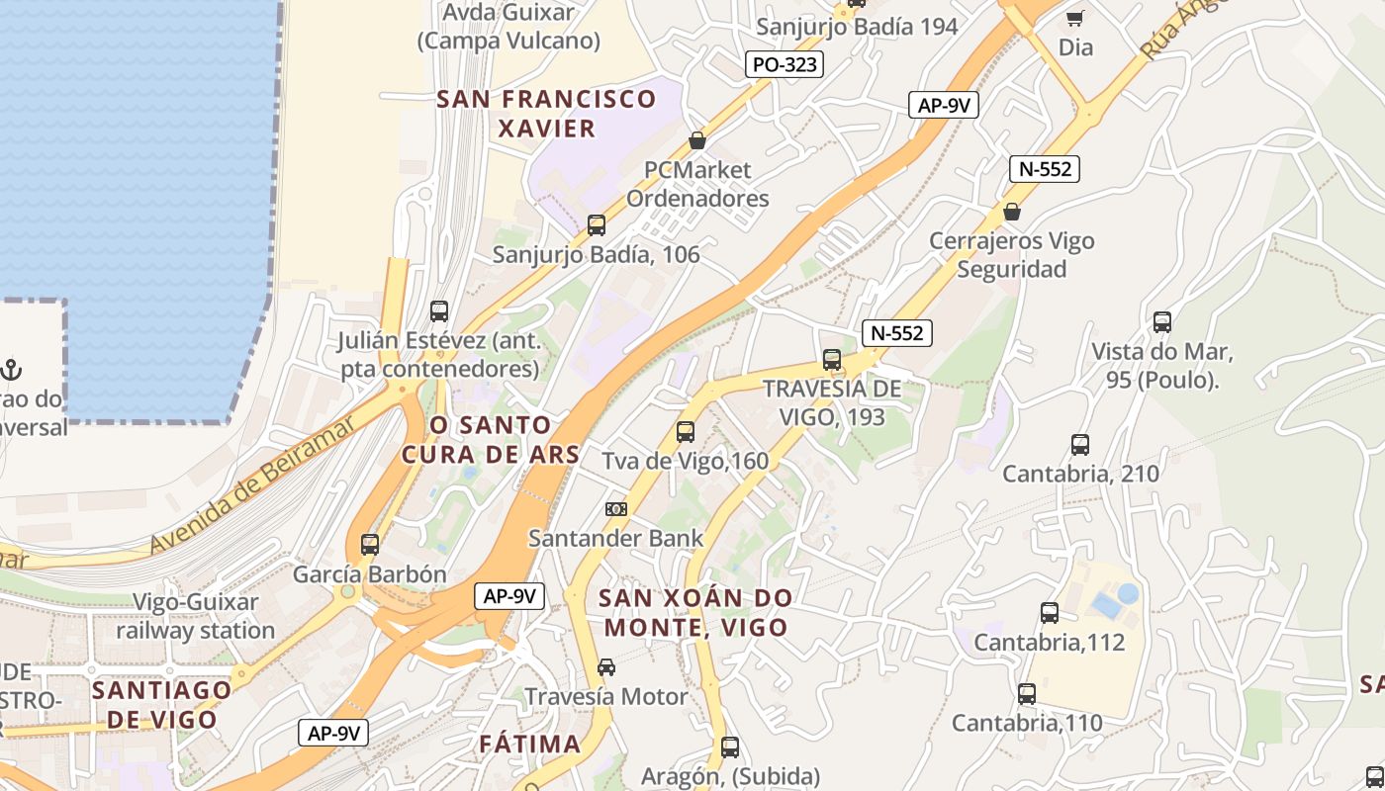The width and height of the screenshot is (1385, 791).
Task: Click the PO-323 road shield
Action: click(x=784, y=65)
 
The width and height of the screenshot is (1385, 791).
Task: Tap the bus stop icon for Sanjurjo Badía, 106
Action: click(x=597, y=224)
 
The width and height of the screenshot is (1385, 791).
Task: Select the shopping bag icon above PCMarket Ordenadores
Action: click(x=697, y=140)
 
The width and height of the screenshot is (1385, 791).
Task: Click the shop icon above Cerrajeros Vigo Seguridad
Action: click(x=1012, y=212)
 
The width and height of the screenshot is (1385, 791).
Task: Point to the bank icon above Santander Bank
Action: click(x=616, y=509)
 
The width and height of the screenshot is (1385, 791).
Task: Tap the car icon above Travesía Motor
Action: click(x=606, y=667)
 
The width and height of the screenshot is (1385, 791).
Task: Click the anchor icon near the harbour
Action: click(x=11, y=370)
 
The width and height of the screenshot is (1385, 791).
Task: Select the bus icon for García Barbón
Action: click(x=370, y=544)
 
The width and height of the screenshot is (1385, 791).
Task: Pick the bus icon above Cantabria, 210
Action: click(x=1080, y=445)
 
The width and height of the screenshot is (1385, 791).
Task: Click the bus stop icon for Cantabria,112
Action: click(x=1050, y=613)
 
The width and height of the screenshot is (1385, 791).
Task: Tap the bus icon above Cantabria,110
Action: click(x=1027, y=694)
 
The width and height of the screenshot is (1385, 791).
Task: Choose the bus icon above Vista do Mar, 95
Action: click(x=1162, y=322)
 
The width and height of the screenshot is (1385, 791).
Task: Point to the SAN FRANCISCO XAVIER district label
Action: click(x=547, y=113)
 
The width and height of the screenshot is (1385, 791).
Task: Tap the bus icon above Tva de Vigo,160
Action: click(x=686, y=431)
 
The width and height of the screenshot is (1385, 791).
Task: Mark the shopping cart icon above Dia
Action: click(x=1075, y=17)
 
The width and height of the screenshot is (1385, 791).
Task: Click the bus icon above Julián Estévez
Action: click(x=439, y=311)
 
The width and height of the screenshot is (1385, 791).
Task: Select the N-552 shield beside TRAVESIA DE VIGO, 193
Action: click(x=897, y=333)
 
